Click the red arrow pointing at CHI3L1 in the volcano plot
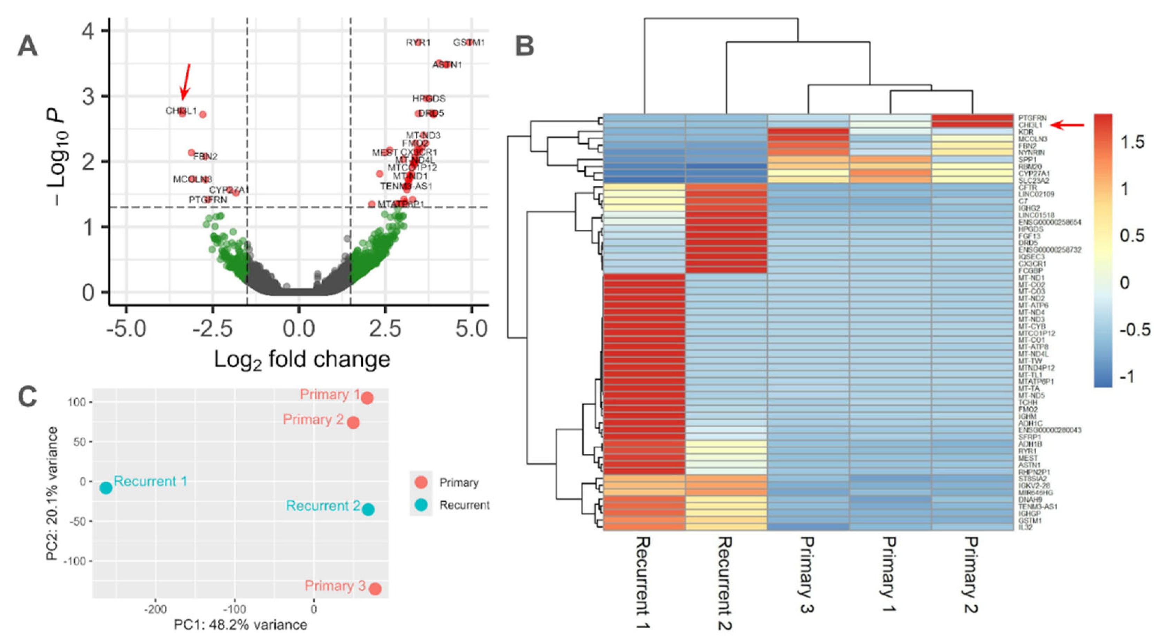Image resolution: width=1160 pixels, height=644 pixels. (185, 82)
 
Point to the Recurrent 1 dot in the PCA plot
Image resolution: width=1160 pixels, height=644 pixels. (106, 488)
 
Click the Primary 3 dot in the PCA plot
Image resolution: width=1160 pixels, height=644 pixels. (375, 589)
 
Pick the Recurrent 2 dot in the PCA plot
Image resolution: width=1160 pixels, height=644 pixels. (368, 509)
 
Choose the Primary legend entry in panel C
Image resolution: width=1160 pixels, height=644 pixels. (459, 483)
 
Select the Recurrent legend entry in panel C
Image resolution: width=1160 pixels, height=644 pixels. (464, 505)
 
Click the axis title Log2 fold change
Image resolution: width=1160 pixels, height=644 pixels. (302, 360)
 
